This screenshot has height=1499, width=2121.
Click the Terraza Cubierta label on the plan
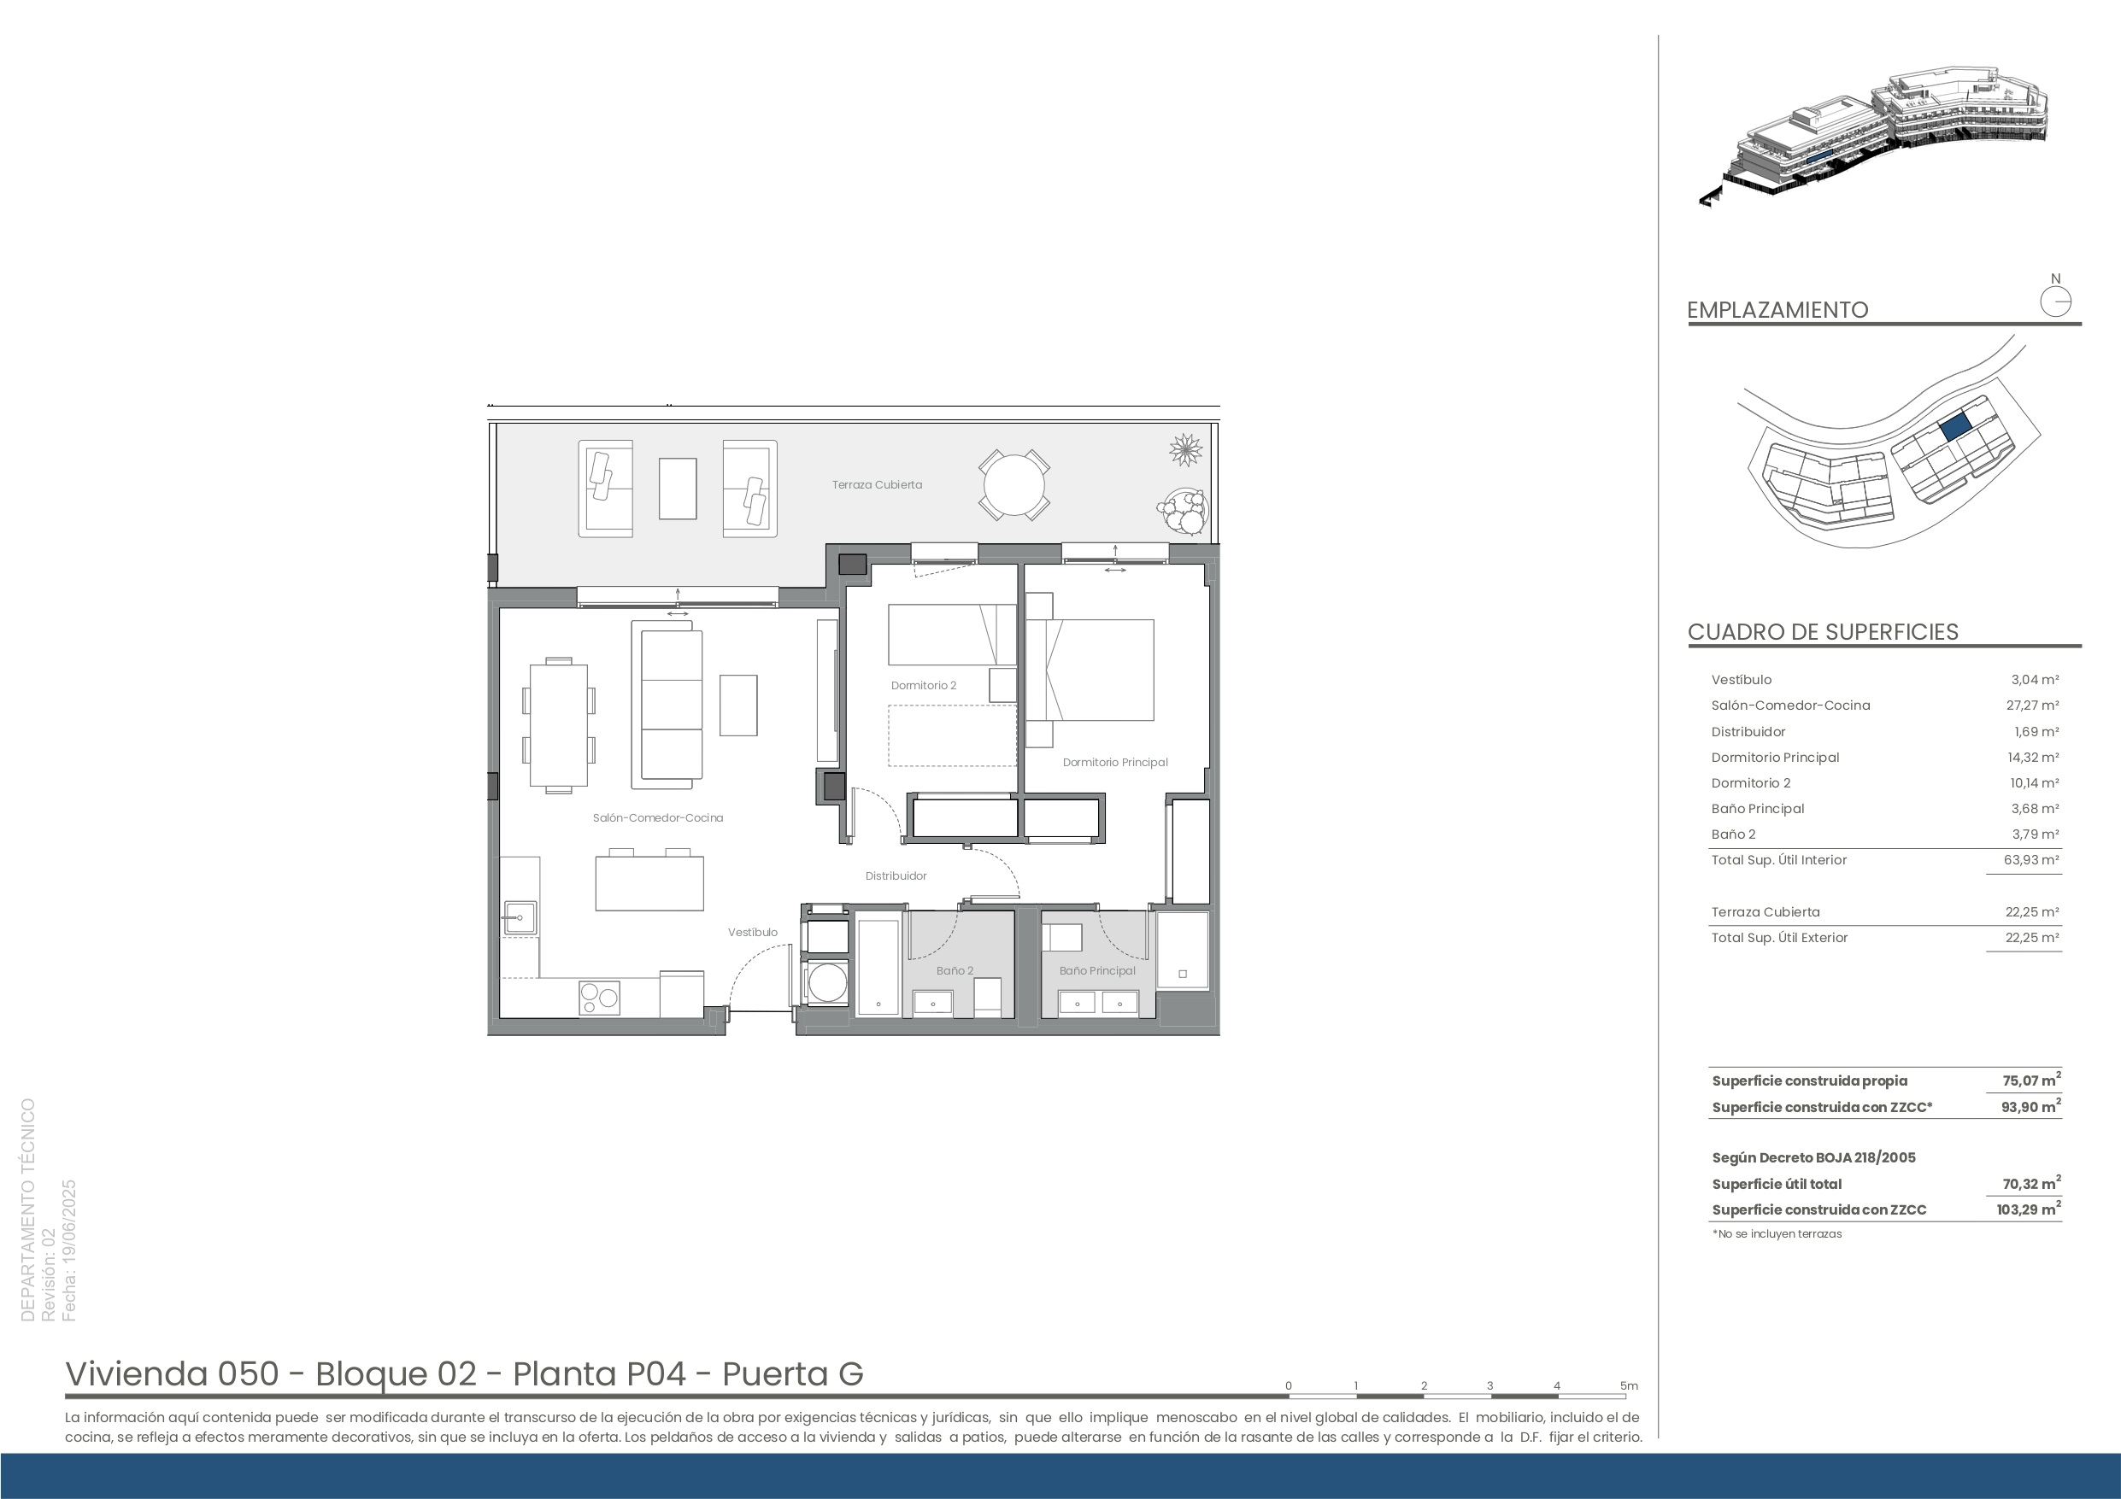[x=877, y=485]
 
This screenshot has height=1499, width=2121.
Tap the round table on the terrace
[x=1013, y=485]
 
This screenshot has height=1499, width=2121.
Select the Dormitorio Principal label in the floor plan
[x=1115, y=762]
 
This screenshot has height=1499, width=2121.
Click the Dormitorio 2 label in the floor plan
[x=923, y=685]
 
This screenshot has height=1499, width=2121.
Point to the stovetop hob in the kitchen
[x=598, y=998]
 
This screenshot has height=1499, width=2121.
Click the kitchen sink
[x=520, y=918]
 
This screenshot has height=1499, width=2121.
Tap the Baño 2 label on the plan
[x=955, y=970]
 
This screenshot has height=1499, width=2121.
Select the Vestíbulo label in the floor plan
[x=752, y=932]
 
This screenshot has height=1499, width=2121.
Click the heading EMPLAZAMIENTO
[x=1777, y=310]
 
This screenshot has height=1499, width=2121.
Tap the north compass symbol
[x=2055, y=302]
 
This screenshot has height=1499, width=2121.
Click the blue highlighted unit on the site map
[x=1954, y=428]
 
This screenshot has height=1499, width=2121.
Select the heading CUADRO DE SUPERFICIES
[x=1823, y=632]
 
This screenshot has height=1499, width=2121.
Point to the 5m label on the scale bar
[x=1629, y=1385]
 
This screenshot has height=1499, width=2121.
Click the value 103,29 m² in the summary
[x=2029, y=1209]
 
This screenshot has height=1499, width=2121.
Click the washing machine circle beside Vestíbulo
[x=828, y=981]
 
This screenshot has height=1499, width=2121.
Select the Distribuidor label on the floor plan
[x=896, y=875]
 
